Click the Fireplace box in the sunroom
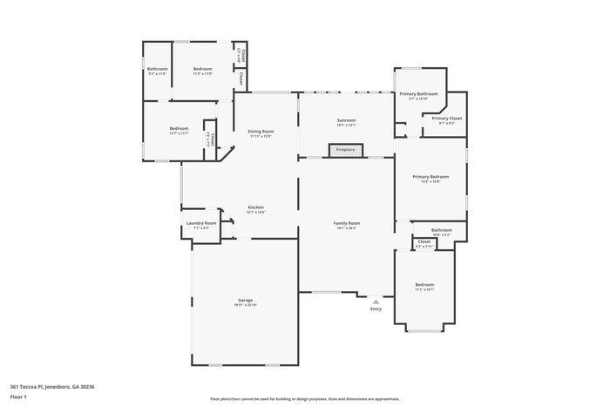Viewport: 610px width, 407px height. pos(346,150)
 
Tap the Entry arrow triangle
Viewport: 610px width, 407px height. pos(376,302)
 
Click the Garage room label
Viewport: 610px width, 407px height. pos(245,300)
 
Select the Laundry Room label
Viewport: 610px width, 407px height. pos(201,223)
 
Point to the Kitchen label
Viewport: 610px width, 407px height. pos(255,207)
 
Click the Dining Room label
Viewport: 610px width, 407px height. pos(261,132)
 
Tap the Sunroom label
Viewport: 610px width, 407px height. pos(347,120)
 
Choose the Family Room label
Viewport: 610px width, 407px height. pos(347,223)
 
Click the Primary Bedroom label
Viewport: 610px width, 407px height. pos(430,177)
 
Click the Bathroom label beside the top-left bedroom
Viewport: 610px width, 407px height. pos(157,69)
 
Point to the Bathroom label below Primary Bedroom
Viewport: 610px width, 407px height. pos(441,230)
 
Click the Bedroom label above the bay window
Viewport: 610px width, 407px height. pos(424,285)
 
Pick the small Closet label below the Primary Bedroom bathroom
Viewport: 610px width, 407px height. pos(424,241)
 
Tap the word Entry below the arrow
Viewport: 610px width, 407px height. pos(376,309)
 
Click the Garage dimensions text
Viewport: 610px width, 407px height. pos(245,305)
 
